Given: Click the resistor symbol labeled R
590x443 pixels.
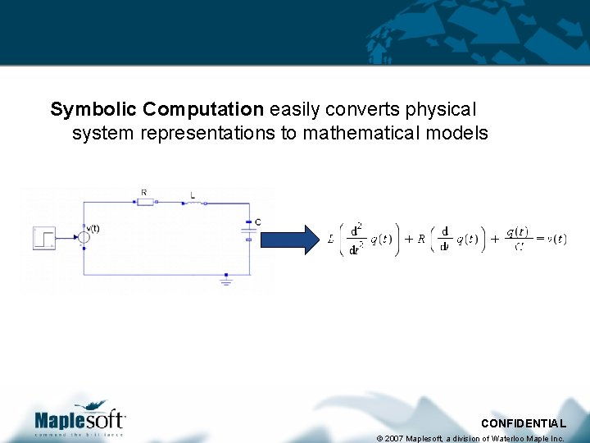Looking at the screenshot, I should point(145,201).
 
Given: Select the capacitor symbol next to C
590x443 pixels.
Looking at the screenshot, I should point(248,230).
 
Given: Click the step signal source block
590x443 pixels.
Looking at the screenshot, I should point(43,237).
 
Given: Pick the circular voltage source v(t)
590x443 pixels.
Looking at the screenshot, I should point(84,237).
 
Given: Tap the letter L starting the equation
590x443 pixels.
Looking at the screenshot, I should point(330,240).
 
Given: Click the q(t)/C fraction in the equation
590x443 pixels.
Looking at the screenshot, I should point(516,239).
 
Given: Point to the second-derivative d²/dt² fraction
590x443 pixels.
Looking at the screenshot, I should point(355,239).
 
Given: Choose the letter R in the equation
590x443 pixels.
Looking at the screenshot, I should point(420,240).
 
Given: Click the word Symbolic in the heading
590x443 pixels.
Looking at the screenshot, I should point(93,109).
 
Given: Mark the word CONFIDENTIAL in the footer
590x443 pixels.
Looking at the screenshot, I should point(523,423).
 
